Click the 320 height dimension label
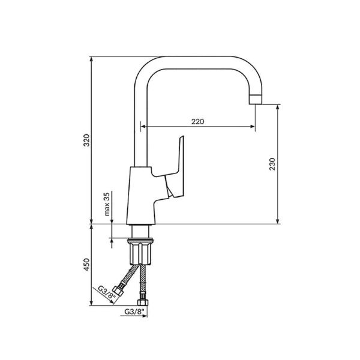click(86, 140)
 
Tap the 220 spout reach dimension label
click(197, 121)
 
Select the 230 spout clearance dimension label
click(272, 164)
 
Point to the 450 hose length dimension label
click(86, 265)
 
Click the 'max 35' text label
click(107, 204)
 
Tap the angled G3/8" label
click(106, 292)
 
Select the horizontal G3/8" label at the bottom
click(134, 311)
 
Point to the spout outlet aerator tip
click(256, 99)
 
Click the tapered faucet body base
click(140, 195)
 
